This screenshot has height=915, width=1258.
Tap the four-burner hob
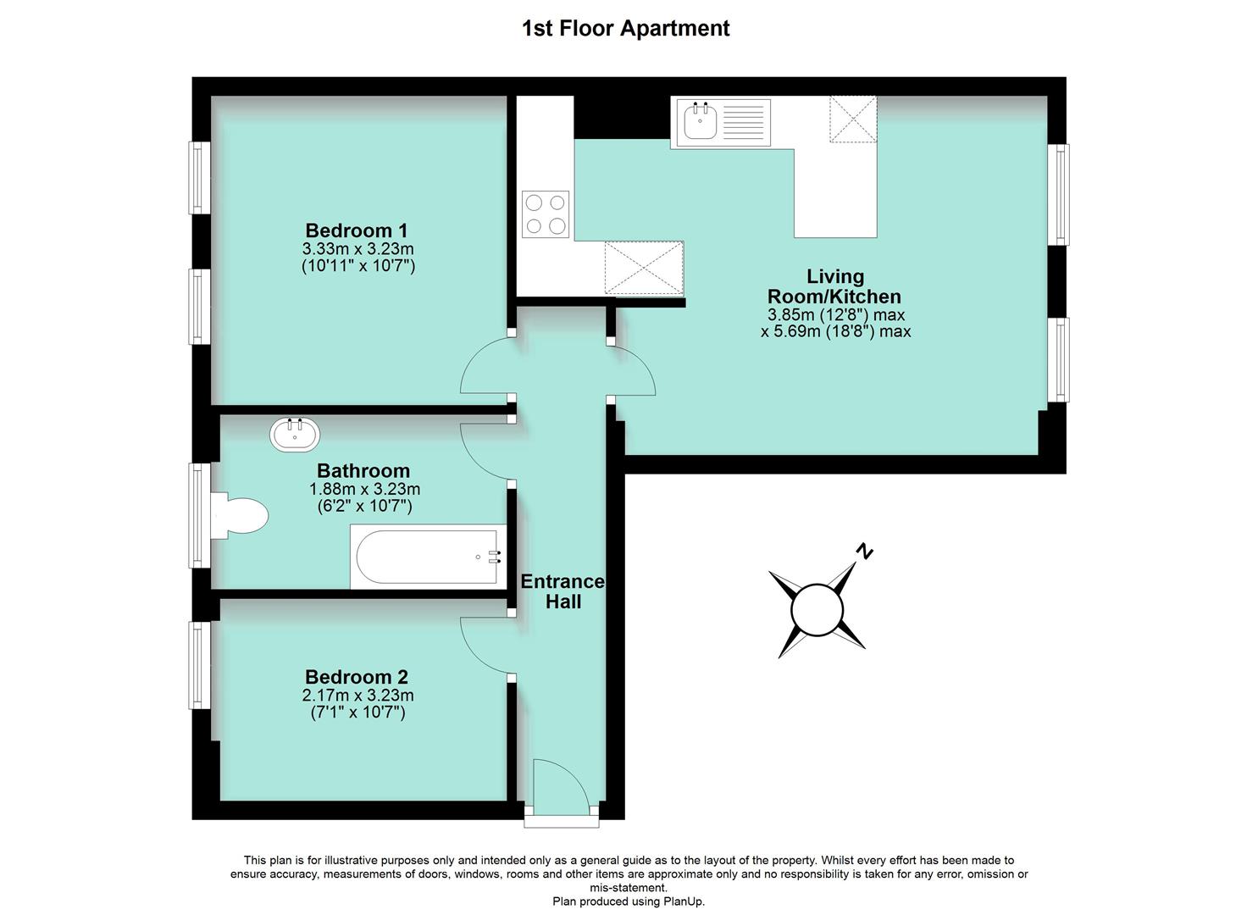(x=546, y=214)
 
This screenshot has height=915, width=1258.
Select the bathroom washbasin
(x=296, y=435)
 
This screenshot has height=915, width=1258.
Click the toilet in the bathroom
(x=241, y=515)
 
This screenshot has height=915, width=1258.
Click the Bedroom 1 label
(x=357, y=230)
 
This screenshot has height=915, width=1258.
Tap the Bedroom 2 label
(x=357, y=677)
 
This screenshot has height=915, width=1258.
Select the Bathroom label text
(x=363, y=471)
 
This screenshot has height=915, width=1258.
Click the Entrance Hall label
(x=562, y=591)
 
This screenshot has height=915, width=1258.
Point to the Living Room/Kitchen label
(x=834, y=286)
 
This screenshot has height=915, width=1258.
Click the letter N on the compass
(x=864, y=552)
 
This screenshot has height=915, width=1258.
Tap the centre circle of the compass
(x=817, y=610)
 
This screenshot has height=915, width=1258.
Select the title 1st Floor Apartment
(x=625, y=28)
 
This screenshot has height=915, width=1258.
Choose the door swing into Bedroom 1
(x=487, y=366)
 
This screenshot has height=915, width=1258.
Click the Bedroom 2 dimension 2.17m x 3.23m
(x=357, y=696)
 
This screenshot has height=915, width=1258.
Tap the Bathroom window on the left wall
(x=199, y=514)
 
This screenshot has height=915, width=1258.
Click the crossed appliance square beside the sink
(x=853, y=120)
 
